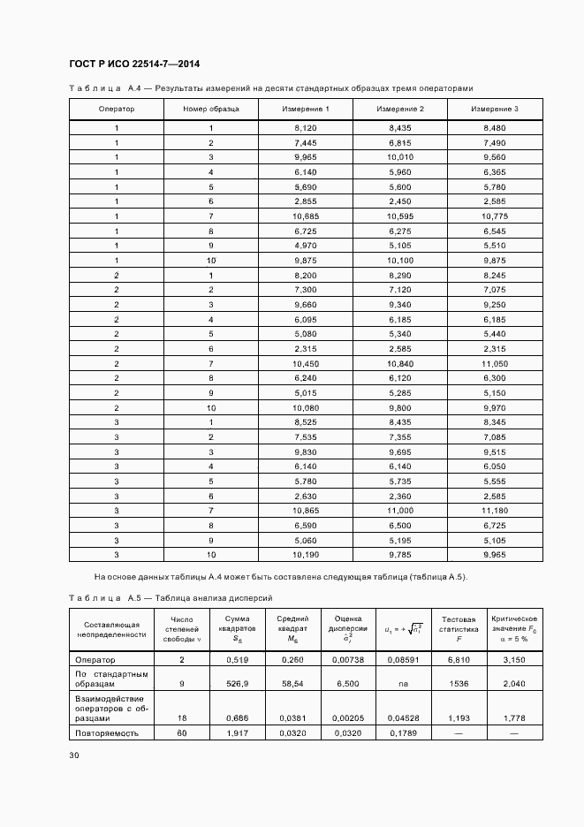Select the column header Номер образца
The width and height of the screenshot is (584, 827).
click(x=210, y=109)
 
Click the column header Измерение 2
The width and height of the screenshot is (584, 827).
click(x=399, y=109)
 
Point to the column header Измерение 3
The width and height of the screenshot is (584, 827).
click(x=494, y=109)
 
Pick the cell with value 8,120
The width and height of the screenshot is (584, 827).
click(x=305, y=128)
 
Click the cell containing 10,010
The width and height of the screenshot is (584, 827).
click(x=399, y=157)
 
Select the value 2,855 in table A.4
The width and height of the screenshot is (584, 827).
click(x=305, y=201)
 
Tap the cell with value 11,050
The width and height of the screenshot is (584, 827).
click(x=494, y=363)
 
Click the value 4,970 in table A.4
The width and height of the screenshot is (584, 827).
click(x=305, y=246)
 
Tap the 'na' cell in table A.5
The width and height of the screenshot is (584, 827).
click(x=403, y=683)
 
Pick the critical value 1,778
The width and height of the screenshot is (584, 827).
click(x=514, y=718)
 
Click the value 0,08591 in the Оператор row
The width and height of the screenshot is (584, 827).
click(x=403, y=659)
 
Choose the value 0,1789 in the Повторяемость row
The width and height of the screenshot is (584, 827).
click(x=403, y=732)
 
